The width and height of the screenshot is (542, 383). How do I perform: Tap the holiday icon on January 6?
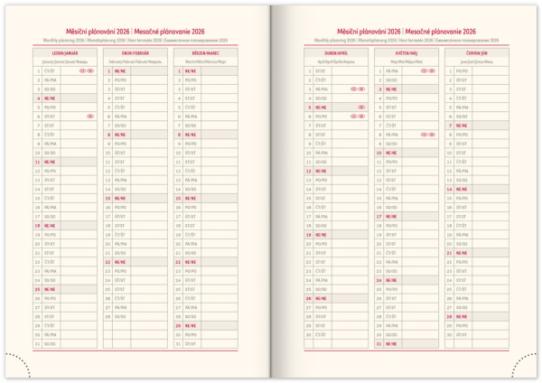[90, 116]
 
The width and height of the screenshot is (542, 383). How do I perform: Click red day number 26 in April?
[309, 298]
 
